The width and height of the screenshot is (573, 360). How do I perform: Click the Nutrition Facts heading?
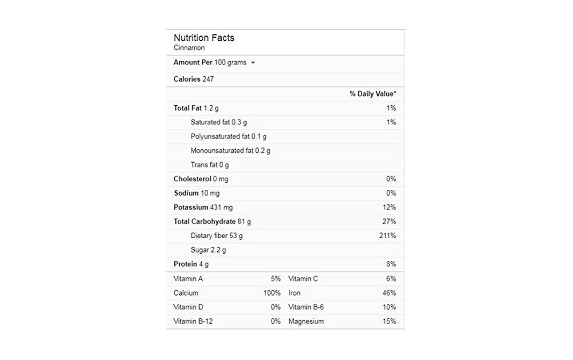pos(204,38)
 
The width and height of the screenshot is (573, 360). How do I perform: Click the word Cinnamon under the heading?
pos(189,48)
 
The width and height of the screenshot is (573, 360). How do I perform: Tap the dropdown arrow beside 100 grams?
pos(253,63)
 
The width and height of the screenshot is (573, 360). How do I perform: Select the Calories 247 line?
pos(194,79)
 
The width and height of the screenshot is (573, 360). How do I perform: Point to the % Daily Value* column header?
pos(373,94)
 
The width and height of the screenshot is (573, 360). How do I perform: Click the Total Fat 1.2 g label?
pos(196,108)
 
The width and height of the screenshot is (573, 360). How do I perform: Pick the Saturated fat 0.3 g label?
pos(218,122)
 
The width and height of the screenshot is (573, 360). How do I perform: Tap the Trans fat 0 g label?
pos(209,165)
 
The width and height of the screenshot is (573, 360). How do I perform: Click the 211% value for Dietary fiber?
pos(387,236)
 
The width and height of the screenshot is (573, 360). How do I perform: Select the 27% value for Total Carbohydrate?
pos(390,222)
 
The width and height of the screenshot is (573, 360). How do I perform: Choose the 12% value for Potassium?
pos(390,208)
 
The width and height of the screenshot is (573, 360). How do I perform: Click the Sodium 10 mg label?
pos(196,193)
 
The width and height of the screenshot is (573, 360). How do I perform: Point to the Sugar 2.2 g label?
pos(208,250)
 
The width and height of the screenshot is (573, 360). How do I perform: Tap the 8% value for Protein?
pos(391,265)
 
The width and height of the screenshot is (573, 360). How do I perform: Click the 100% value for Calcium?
pos(272,293)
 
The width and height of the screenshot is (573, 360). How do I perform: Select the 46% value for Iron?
pos(390,293)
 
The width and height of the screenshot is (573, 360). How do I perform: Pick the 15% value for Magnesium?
pos(390,321)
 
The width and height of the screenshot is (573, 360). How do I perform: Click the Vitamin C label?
pos(303,279)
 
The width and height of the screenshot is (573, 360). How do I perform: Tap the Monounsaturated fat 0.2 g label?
pos(230,151)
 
